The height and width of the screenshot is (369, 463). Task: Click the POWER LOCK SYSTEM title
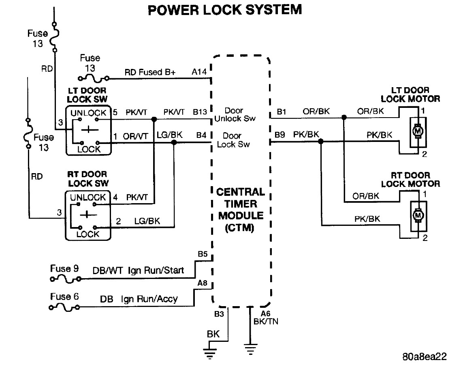[x=225, y=10]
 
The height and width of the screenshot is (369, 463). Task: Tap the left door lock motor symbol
[x=418, y=131]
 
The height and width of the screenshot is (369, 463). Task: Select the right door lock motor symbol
[x=418, y=216]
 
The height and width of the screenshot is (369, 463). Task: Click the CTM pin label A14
[x=199, y=72]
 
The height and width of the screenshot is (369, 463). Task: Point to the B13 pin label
[x=200, y=112]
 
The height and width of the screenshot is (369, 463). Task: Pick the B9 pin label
[x=280, y=135]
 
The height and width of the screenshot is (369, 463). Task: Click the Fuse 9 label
[x=64, y=268]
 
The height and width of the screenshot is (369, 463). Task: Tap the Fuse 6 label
[x=64, y=296]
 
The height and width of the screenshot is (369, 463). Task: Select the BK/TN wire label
[x=266, y=322]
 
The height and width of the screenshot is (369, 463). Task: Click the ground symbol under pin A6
[x=250, y=349]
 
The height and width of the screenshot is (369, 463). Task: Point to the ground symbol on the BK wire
[x=210, y=353]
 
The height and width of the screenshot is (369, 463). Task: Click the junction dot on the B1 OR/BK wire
[x=344, y=117]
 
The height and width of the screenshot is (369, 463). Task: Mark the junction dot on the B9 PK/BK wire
[x=321, y=142]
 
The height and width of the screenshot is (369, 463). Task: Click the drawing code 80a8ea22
[x=425, y=356]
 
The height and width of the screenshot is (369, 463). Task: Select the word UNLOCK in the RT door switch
[x=87, y=197]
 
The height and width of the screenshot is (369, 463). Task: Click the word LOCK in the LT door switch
[x=89, y=149]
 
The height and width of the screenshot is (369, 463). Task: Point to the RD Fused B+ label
[x=150, y=72]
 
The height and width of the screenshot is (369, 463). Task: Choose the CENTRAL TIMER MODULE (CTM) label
[x=241, y=210]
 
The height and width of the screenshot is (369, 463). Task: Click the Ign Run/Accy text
[x=149, y=299]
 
